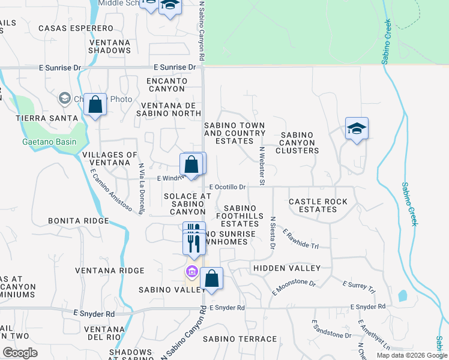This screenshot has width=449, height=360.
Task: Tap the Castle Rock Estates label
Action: [x=318, y=205]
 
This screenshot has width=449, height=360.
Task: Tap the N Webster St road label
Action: [x=262, y=164]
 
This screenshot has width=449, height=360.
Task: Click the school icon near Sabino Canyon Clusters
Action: [x=356, y=128]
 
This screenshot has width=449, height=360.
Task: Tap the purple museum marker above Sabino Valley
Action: [x=192, y=272]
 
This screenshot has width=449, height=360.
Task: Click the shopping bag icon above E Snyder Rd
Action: [x=211, y=278]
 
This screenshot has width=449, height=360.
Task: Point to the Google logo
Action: [x=20, y=353]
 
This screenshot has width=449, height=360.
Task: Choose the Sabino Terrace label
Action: [x=232, y=339]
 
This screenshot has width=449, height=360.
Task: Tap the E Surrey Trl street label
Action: [x=358, y=286]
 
